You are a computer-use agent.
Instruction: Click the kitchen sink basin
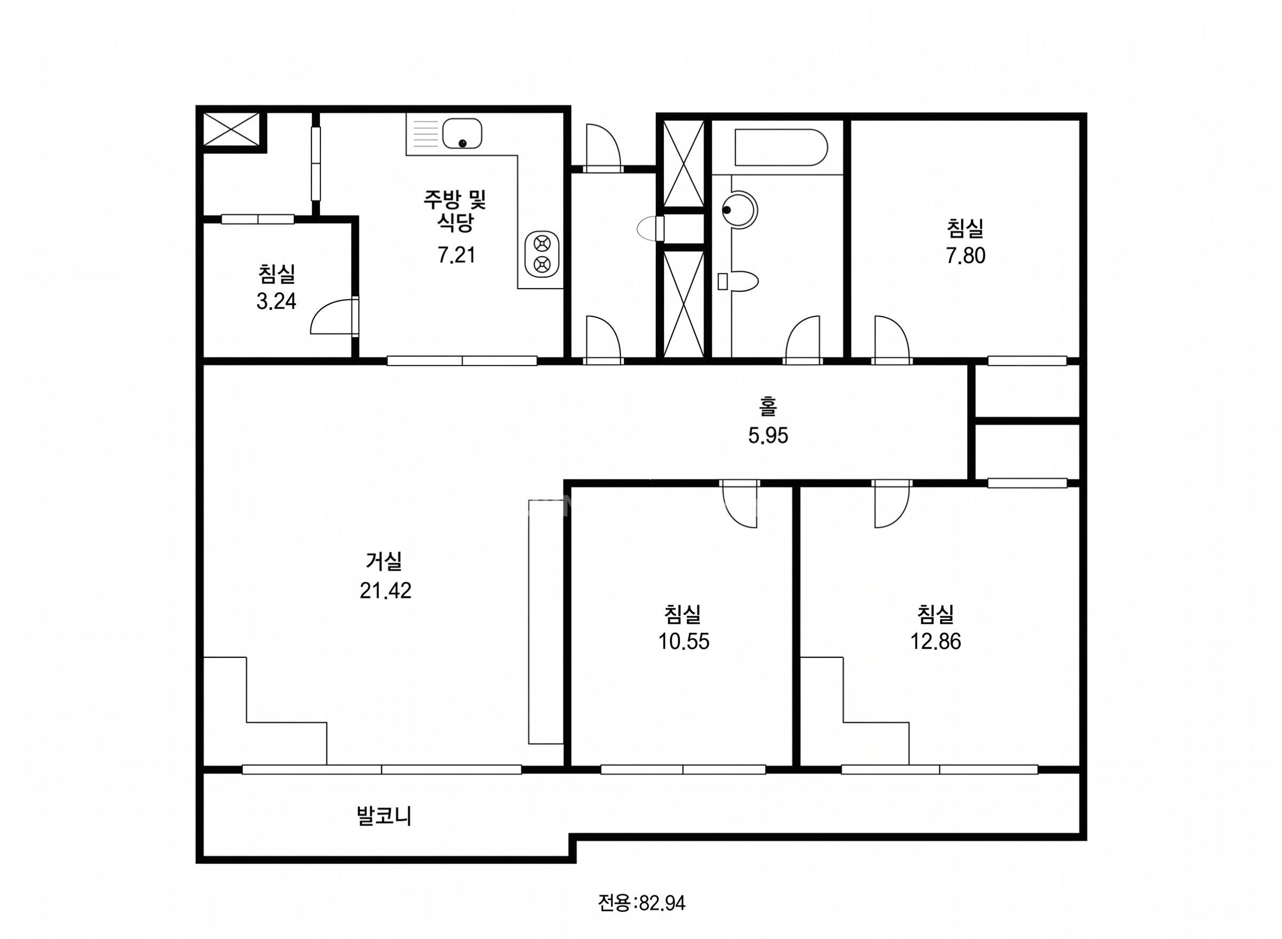(x=462, y=133)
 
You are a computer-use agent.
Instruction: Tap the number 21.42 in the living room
(x=385, y=591)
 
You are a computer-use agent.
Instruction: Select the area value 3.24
(x=276, y=301)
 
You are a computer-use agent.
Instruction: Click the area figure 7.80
(x=965, y=257)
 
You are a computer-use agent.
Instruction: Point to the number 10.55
(x=684, y=642)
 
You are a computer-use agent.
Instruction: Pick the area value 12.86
(x=935, y=642)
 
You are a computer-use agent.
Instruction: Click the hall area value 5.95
(x=768, y=436)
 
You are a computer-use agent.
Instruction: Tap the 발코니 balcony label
(x=384, y=817)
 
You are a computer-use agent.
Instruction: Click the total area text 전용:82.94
(x=642, y=903)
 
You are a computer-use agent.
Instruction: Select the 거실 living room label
(x=384, y=562)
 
